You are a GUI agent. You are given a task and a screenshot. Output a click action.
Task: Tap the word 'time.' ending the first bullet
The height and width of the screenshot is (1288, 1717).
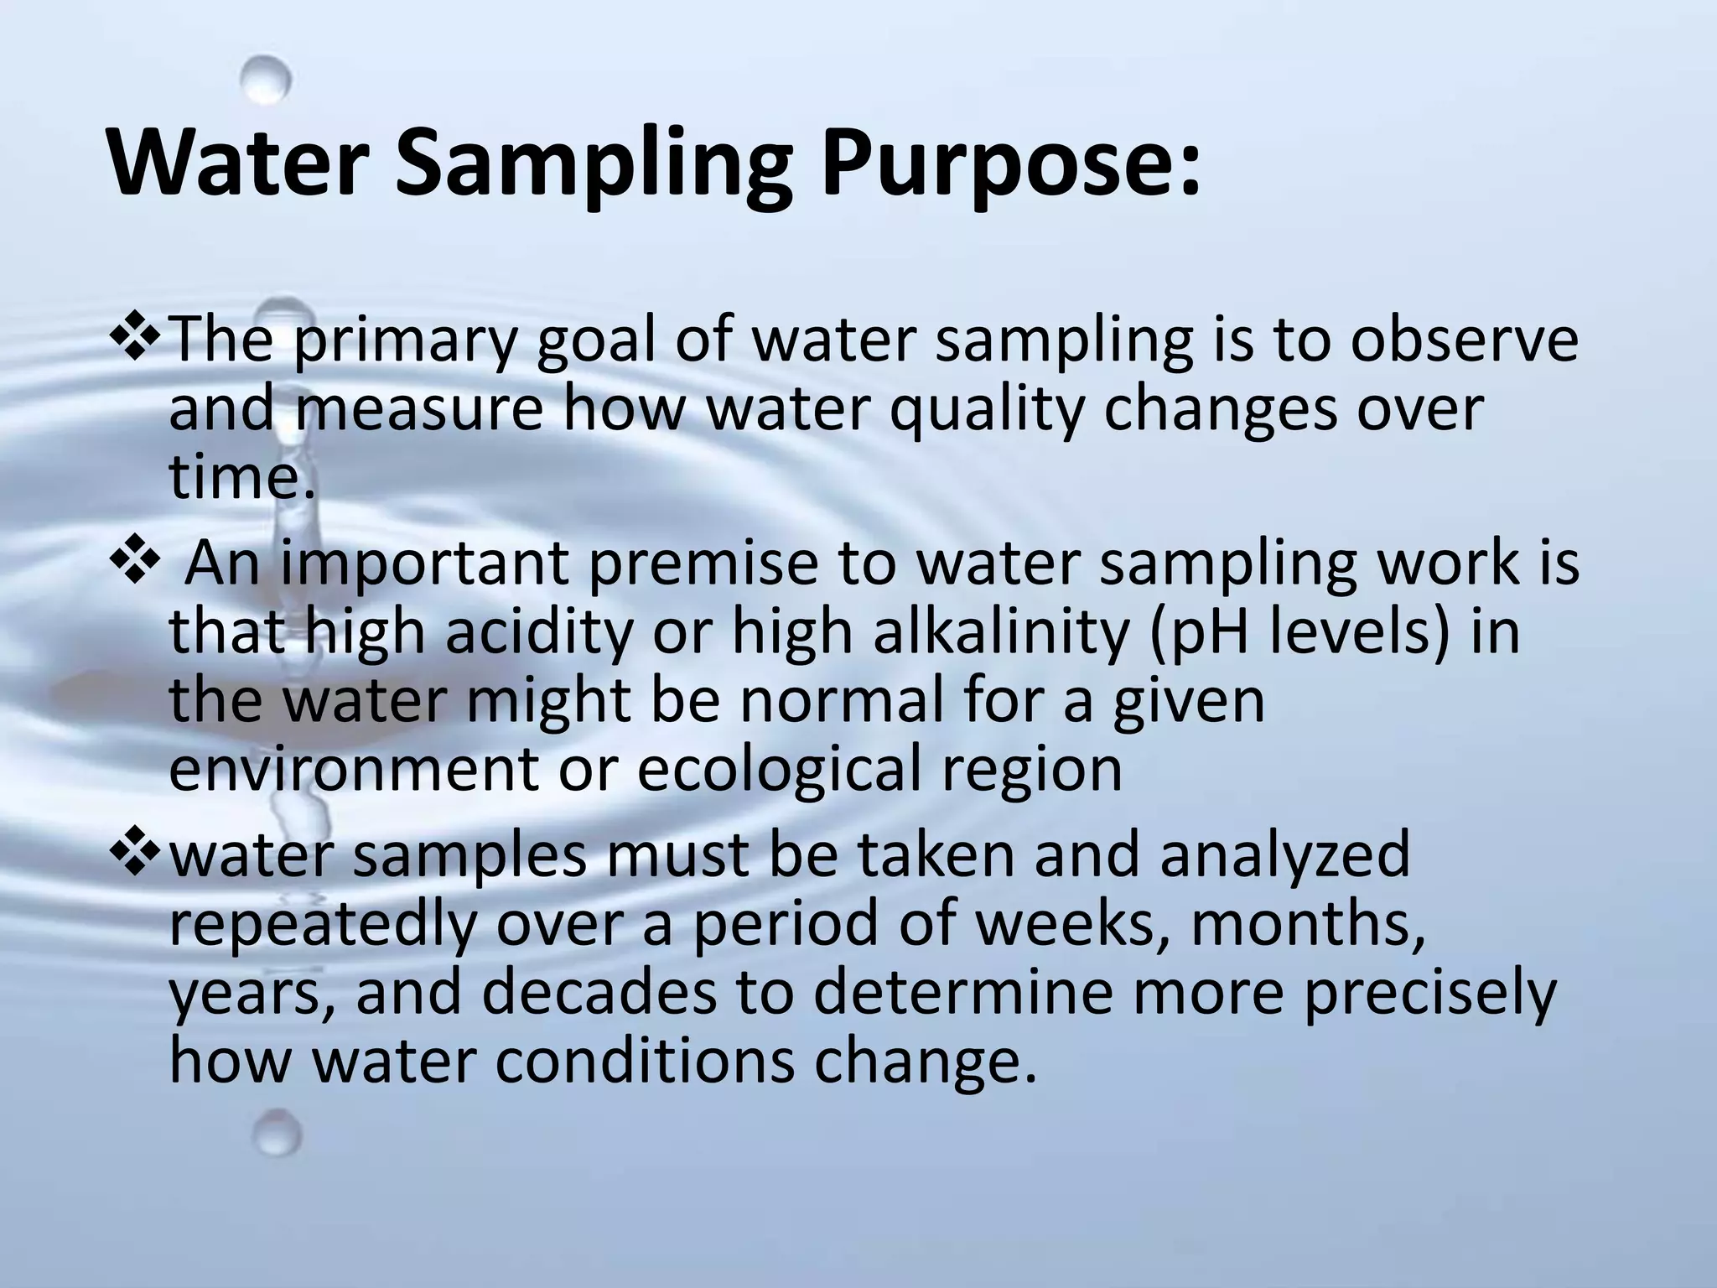pyautogui.click(x=243, y=478)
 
